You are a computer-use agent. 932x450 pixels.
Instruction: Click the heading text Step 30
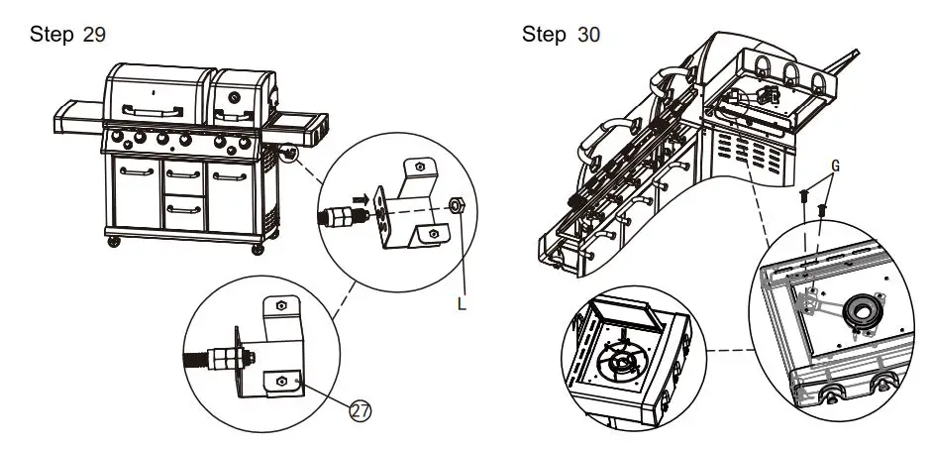(561, 35)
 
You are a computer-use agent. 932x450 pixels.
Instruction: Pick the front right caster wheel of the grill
(259, 246)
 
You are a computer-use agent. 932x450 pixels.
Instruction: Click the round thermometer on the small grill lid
(235, 98)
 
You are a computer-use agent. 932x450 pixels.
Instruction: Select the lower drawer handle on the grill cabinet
(185, 208)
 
